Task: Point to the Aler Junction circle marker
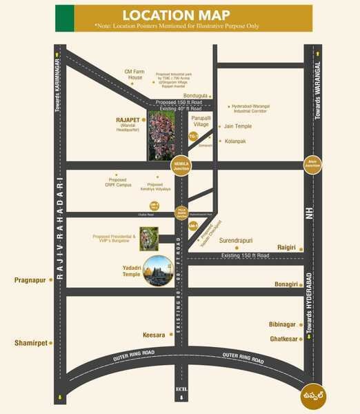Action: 313,165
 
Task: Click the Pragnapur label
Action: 29,280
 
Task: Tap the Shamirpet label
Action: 29,342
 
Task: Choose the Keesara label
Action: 154,335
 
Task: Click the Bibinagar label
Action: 282,324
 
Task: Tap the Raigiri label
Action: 286,246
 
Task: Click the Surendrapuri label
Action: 237,241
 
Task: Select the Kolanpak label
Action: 237,141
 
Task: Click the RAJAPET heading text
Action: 129,119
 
